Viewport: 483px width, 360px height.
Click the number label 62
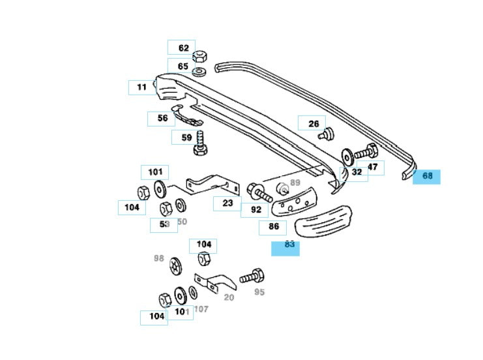(182, 48)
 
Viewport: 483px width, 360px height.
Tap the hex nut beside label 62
(200, 54)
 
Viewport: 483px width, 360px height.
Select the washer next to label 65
(199, 68)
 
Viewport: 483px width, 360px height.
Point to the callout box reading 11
(141, 87)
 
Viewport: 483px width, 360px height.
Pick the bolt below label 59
(200, 145)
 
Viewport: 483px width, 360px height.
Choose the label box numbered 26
(312, 123)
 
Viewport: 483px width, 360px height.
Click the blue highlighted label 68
(427, 176)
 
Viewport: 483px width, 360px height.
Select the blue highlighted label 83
(286, 247)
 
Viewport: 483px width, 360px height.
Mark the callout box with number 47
(372, 167)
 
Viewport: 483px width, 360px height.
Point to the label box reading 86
(273, 228)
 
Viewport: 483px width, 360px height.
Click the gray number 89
(295, 183)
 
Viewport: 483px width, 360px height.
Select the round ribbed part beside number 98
(175, 265)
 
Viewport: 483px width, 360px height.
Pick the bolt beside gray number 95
(251, 276)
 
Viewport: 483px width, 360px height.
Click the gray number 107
(201, 308)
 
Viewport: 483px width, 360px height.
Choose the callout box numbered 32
(355, 173)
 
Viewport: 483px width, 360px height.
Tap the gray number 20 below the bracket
(229, 297)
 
